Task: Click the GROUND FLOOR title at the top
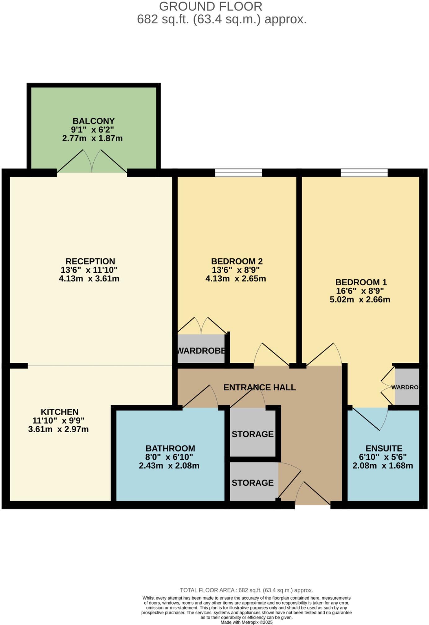coord(211,7)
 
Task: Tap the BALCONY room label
coord(94,121)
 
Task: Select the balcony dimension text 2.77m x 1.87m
coord(92,138)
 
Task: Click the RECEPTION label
coord(90,261)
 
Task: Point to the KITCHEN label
coord(60,412)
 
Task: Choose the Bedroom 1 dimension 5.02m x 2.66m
coord(360,299)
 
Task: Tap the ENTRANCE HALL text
coord(259,387)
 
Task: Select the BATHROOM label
coord(170,448)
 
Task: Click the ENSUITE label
coord(384,448)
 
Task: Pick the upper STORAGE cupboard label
coord(253,434)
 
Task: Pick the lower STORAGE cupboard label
coord(253,483)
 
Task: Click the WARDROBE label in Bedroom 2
coord(201,351)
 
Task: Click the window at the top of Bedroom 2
coord(238,173)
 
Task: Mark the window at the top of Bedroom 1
coord(364,173)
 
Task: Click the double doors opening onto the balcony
coord(92,163)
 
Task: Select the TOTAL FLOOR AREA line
coord(246,590)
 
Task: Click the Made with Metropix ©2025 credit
coord(246,622)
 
